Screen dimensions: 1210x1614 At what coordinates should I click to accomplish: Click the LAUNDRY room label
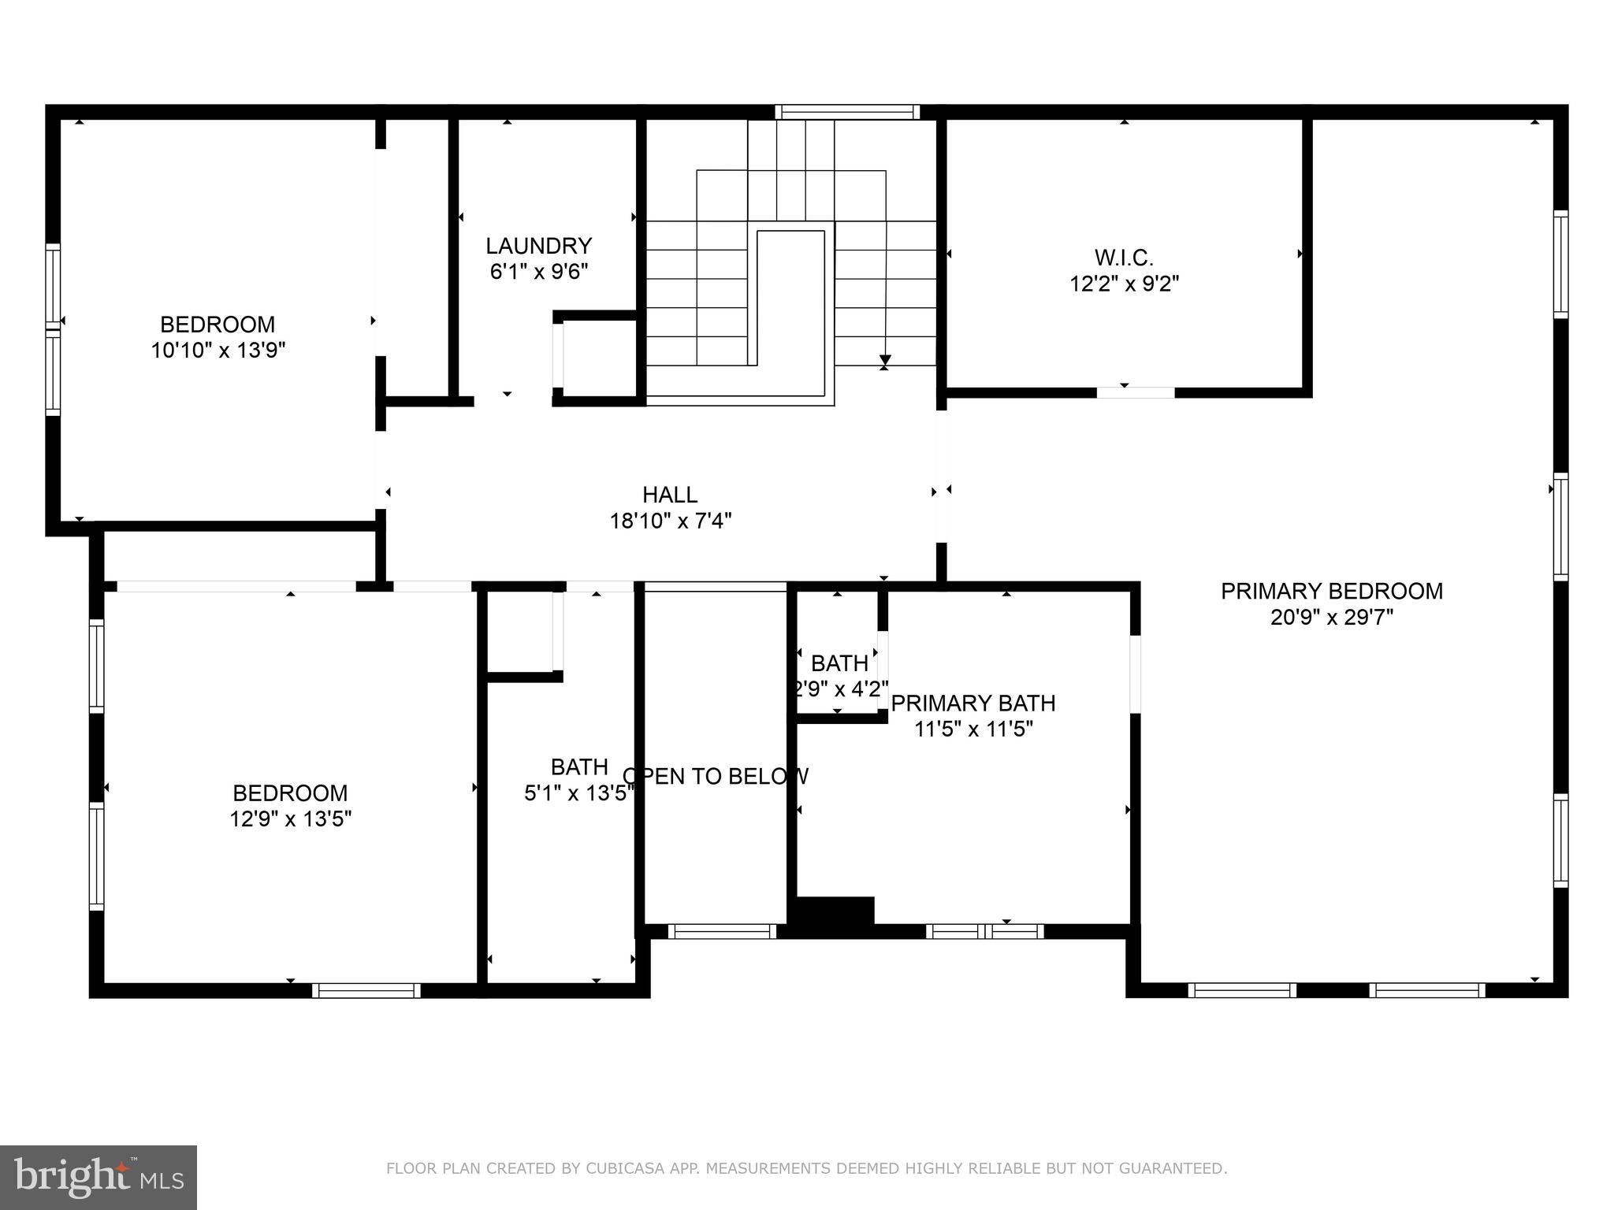[538, 246]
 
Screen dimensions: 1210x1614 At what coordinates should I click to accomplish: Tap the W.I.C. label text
[1124, 257]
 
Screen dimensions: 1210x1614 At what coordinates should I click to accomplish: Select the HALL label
[670, 495]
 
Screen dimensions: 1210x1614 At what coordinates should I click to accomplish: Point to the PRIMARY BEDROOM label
[1332, 591]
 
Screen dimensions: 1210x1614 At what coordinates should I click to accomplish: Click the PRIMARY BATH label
[973, 703]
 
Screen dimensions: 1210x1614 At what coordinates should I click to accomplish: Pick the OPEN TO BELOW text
[716, 777]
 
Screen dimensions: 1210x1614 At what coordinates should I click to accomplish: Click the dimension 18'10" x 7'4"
[671, 521]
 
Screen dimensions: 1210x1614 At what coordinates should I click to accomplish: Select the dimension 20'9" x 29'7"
[1332, 617]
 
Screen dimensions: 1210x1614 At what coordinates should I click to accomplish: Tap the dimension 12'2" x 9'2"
[1124, 283]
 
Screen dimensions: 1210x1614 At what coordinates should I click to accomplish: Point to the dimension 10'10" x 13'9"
[218, 350]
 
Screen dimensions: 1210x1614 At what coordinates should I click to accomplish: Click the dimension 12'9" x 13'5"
[290, 819]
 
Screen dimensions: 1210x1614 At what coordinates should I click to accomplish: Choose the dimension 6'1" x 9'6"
[539, 272]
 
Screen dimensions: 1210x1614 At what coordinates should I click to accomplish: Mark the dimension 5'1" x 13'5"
[579, 793]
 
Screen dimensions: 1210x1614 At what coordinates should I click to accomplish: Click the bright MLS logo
[99, 1178]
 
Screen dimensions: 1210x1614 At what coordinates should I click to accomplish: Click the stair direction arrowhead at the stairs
[885, 362]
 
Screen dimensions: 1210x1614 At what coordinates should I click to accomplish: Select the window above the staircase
[847, 112]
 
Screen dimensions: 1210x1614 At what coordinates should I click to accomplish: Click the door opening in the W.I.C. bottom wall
[1136, 392]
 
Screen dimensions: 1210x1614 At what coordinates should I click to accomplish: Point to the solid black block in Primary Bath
[835, 913]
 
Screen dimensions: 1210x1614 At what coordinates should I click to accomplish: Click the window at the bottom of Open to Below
[722, 931]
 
